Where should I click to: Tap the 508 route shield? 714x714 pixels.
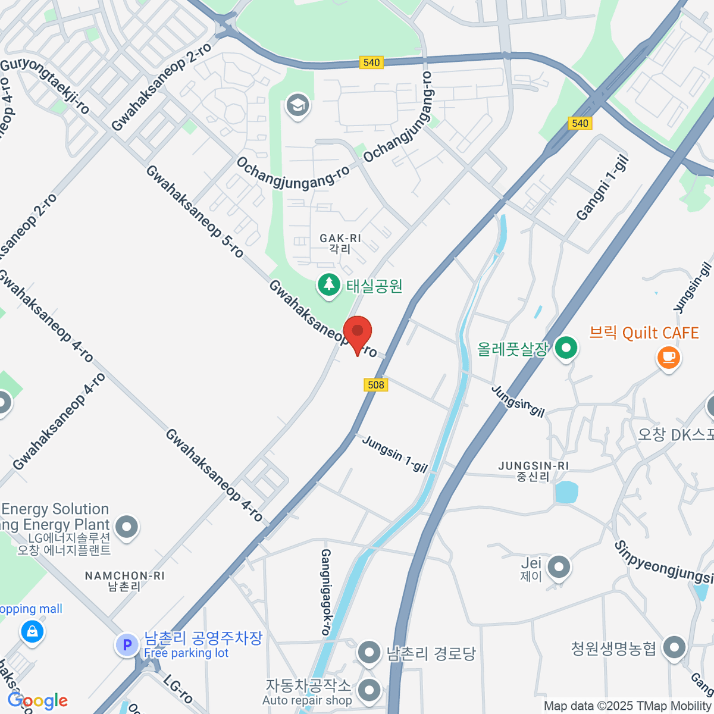pos(376,385)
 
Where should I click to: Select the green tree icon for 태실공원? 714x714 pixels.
pos(328,286)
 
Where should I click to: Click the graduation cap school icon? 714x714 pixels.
pos(297,107)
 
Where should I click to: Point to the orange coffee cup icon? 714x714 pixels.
pos(668,358)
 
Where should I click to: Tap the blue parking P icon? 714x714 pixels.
pos(127,644)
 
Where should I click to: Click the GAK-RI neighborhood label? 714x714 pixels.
pos(340,243)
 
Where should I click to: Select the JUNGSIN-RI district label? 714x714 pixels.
pos(533,471)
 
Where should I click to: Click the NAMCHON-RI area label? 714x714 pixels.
pos(124,581)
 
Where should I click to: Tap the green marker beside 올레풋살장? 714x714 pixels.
pos(566,348)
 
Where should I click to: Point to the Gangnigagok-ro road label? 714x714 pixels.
pos(327,592)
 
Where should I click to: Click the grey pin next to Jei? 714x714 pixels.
pos(559,567)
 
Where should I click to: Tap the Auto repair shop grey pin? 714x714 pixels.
pos(369,691)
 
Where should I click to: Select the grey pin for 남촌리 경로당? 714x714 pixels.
pos(369,653)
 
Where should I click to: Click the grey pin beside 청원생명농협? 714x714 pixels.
pos(674,648)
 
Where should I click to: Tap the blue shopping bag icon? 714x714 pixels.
pos(32,631)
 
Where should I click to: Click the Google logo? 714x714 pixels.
pos(37,701)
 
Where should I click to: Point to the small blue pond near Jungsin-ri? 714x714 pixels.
pos(566,492)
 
